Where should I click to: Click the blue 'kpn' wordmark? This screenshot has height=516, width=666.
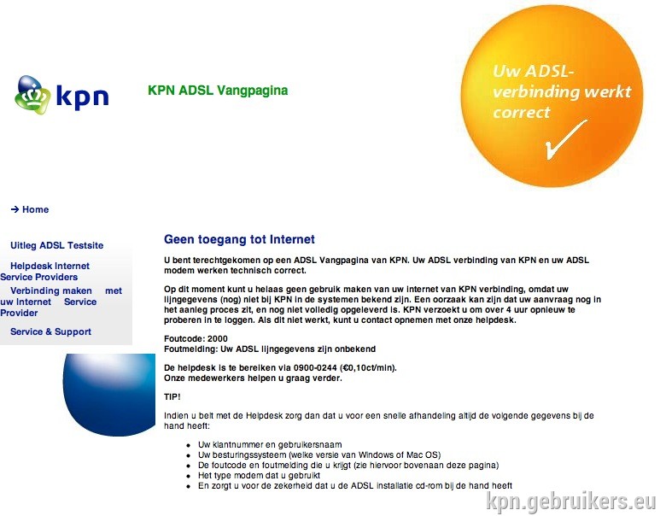[x=83, y=97]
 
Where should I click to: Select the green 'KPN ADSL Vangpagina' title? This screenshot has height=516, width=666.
[x=218, y=90]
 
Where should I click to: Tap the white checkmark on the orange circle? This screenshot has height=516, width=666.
[x=566, y=139]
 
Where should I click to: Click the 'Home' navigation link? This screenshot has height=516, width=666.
[x=35, y=209]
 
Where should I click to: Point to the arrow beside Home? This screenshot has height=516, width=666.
[x=15, y=209]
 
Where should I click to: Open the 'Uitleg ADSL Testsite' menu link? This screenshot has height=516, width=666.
[x=56, y=245]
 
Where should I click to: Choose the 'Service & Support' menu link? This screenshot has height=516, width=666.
[x=50, y=331]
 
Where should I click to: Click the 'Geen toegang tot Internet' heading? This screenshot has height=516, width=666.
[x=239, y=239]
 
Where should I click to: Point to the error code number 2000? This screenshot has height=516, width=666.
[x=218, y=339]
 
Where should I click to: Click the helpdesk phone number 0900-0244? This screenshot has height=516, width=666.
[x=315, y=367]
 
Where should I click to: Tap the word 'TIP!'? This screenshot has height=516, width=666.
[x=172, y=396]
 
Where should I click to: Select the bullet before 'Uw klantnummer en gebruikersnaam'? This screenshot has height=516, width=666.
[x=188, y=445]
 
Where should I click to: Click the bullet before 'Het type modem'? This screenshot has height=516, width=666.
[x=188, y=476]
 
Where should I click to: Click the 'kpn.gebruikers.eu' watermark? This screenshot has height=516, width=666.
[x=571, y=501]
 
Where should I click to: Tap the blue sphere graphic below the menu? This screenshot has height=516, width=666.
[x=109, y=395]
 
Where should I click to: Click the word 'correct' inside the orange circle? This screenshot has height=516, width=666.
[x=521, y=112]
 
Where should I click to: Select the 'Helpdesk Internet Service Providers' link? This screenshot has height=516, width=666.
[x=44, y=271]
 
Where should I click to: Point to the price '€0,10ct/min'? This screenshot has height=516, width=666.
[x=368, y=367]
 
